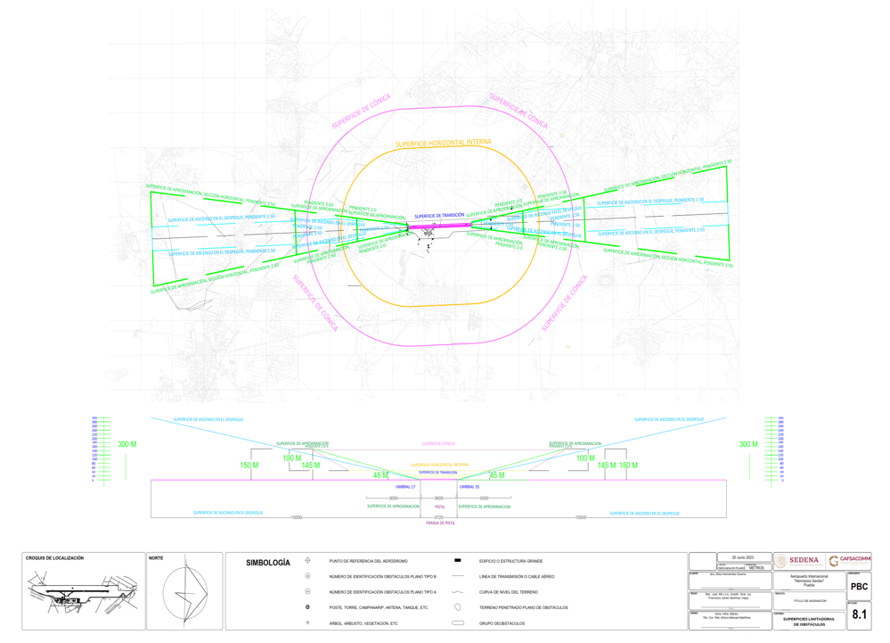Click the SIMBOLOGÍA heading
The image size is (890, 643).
pos(267,563)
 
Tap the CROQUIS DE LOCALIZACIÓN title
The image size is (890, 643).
pos(54,558)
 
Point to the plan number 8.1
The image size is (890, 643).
pos(859,614)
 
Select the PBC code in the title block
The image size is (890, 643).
pos(859,587)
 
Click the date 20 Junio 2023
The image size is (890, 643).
pos(744,557)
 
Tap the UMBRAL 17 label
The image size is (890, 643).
pos(405,487)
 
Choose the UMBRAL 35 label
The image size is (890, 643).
pos(469,487)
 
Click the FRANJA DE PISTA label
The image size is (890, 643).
pos(439,523)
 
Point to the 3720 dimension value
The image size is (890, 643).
pos(438,517)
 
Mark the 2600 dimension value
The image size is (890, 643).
pos(438,499)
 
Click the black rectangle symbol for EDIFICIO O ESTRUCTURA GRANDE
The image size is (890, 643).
pos(458,561)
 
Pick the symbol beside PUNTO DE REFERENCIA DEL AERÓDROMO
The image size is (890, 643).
pos(308,561)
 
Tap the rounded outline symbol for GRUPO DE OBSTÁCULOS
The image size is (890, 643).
pos(458,623)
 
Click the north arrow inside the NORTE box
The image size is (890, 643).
pos(186,592)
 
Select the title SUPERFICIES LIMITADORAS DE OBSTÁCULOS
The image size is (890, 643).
pos(809,621)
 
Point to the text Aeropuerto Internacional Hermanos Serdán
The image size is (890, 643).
pos(809,581)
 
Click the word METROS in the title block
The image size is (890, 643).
pos(756,567)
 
